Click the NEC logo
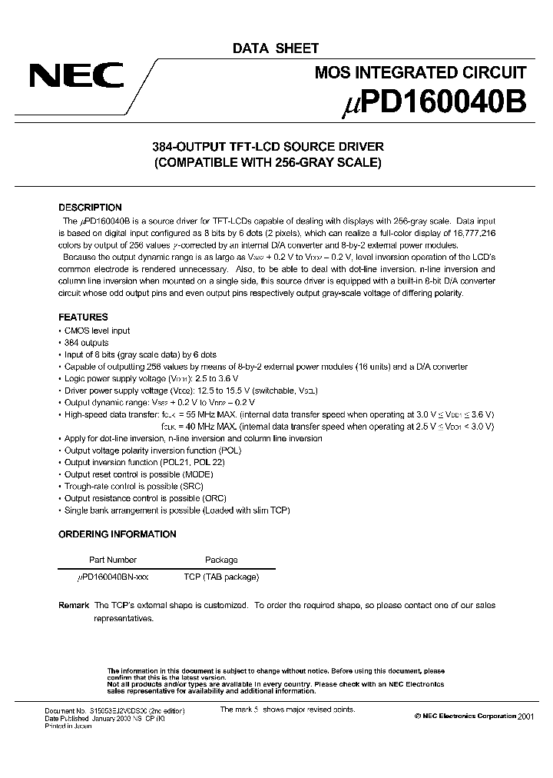point(76,77)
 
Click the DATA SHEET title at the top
point(276,48)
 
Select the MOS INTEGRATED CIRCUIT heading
point(421,73)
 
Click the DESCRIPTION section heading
point(90,208)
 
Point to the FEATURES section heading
point(83,317)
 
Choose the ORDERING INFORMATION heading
point(117,534)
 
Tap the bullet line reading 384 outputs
point(86,343)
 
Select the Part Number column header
point(112,560)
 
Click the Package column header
point(221,560)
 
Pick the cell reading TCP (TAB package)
point(221,577)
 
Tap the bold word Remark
point(74,605)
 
